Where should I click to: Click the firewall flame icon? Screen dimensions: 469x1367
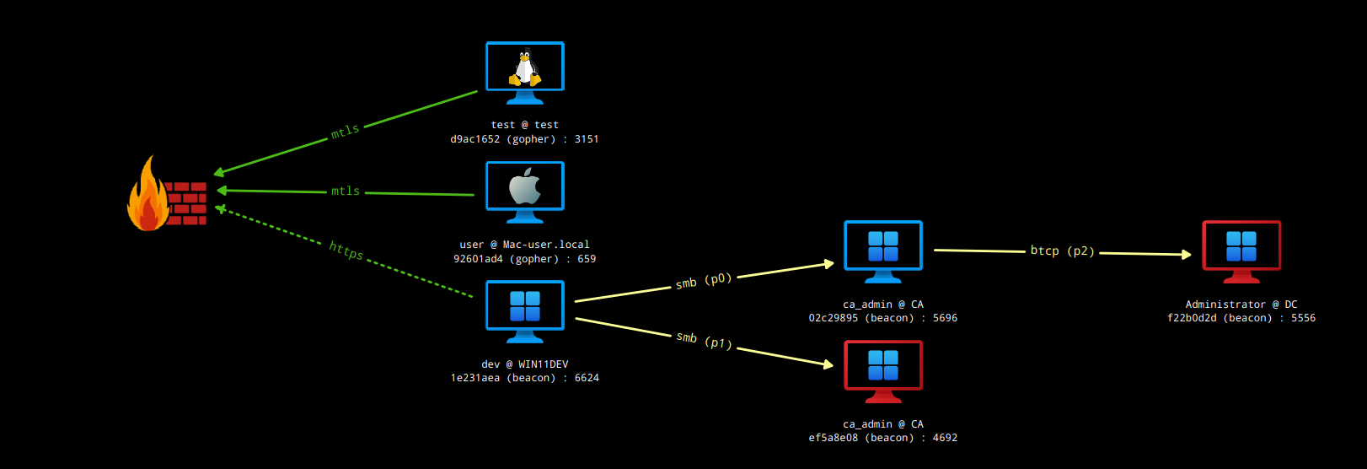[x=148, y=196]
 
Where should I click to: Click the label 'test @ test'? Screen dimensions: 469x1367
[x=525, y=125]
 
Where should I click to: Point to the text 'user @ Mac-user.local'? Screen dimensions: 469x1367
[x=524, y=245]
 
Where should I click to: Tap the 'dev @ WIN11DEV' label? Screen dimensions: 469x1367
[x=525, y=364]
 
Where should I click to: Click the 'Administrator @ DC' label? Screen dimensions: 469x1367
[x=1241, y=305]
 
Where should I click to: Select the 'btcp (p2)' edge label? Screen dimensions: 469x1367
[x=1062, y=251]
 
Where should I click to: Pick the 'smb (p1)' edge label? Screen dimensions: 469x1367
[x=704, y=340]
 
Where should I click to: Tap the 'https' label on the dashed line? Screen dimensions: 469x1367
[x=346, y=251]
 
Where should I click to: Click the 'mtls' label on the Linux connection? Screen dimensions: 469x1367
[x=345, y=132]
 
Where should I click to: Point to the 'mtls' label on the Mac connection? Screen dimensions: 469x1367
[x=346, y=191]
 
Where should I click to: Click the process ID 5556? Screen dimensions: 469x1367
[x=1303, y=318]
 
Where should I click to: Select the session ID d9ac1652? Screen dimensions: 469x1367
[x=475, y=139]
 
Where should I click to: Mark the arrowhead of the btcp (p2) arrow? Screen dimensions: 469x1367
[x=1187, y=254]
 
